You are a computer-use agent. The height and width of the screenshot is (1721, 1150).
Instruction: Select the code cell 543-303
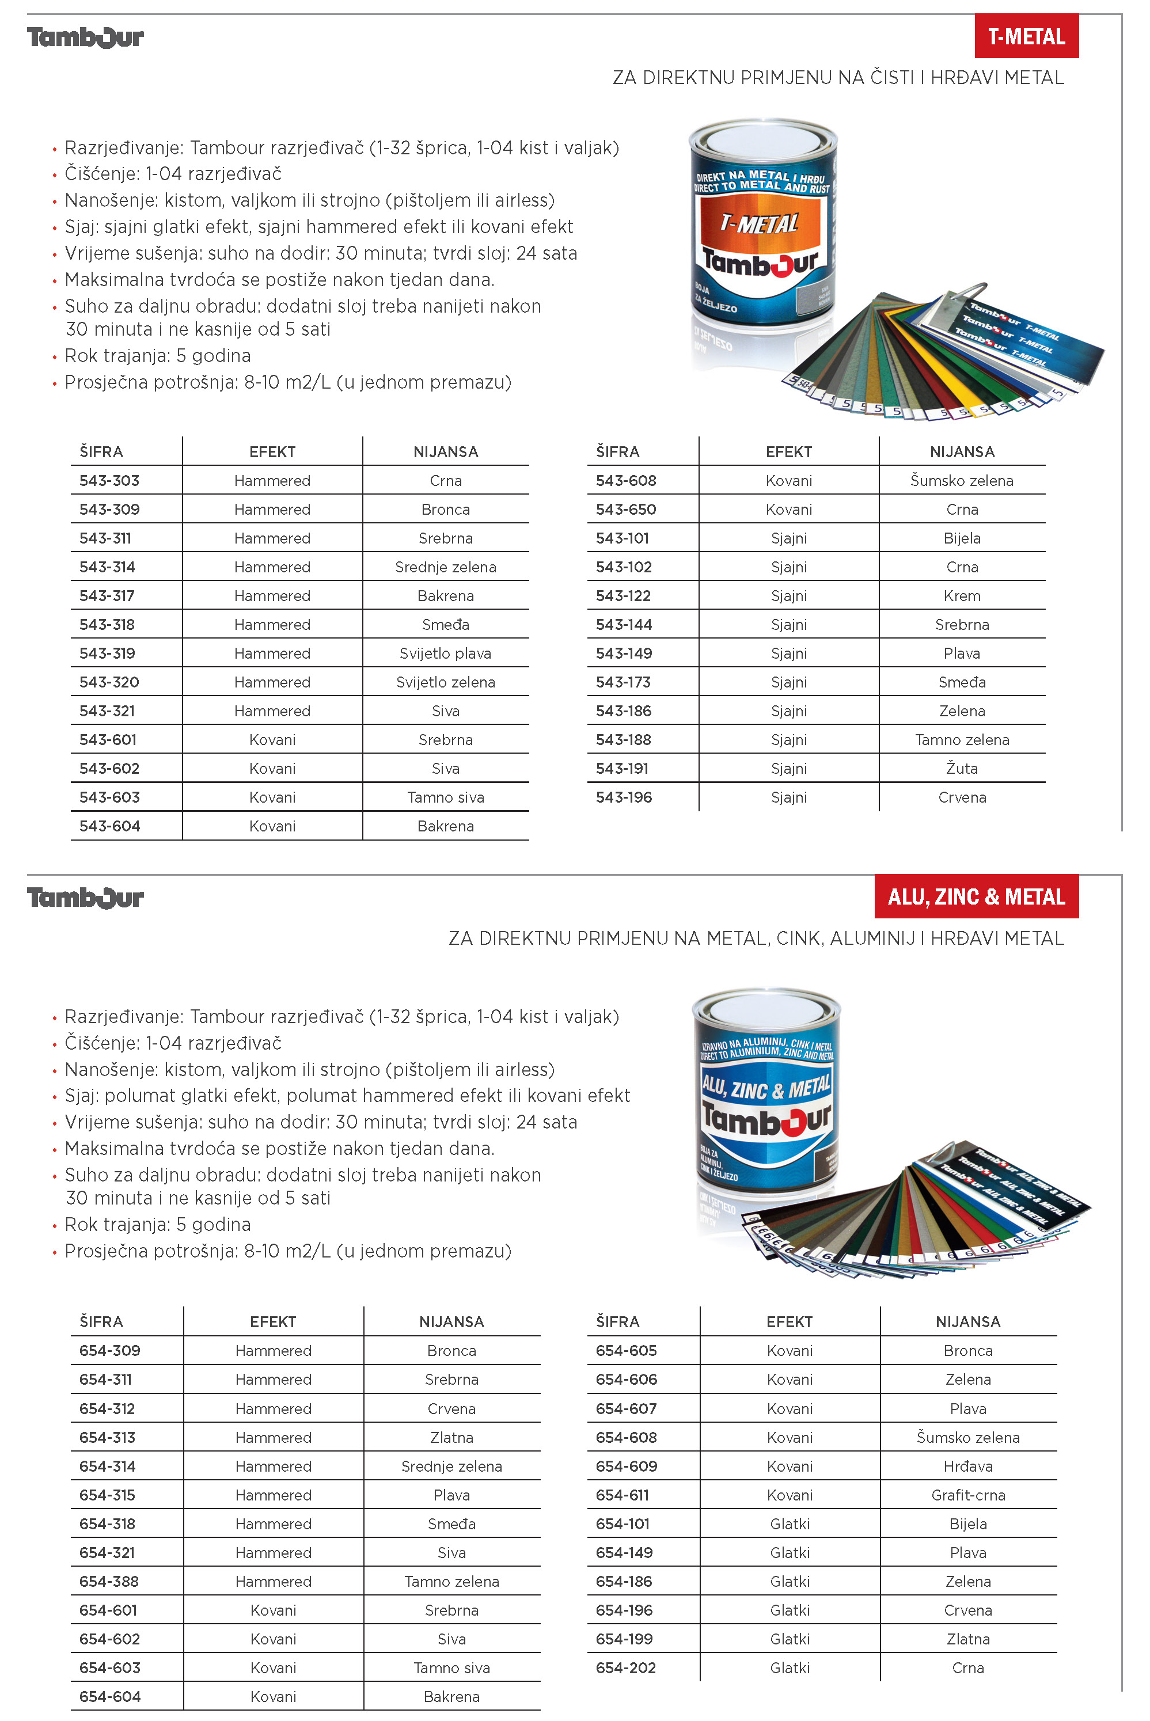coord(109,480)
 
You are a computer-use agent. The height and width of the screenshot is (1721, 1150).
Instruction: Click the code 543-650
coord(625,509)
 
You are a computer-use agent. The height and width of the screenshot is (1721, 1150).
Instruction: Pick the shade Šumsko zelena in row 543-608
coord(962,480)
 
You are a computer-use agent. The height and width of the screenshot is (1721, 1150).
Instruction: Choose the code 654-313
coord(107,1437)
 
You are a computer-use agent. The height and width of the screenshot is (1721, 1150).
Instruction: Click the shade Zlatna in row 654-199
coord(967,1639)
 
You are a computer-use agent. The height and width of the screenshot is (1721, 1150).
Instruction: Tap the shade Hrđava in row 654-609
coord(967,1466)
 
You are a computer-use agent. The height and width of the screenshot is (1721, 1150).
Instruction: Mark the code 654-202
coord(625,1667)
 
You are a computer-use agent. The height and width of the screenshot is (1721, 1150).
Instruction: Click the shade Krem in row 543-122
coord(962,595)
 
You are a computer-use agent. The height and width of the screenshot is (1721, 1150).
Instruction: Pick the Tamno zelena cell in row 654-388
coord(451,1582)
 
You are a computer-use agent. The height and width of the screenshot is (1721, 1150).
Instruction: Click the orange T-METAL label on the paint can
coord(759,223)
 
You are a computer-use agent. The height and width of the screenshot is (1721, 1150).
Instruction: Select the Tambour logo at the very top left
coord(85,37)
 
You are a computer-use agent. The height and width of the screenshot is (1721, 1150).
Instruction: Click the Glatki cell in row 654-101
coord(789,1524)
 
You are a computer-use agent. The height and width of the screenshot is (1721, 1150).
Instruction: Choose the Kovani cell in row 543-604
coord(272,826)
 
